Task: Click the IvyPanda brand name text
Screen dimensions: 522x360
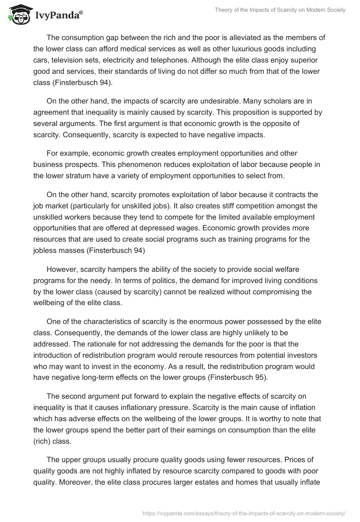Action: tap(58, 16)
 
